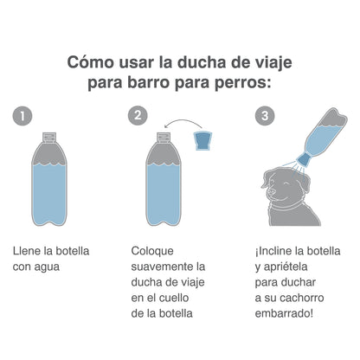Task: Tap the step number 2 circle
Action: pos(138,115)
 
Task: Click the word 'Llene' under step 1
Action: pos(29,251)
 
